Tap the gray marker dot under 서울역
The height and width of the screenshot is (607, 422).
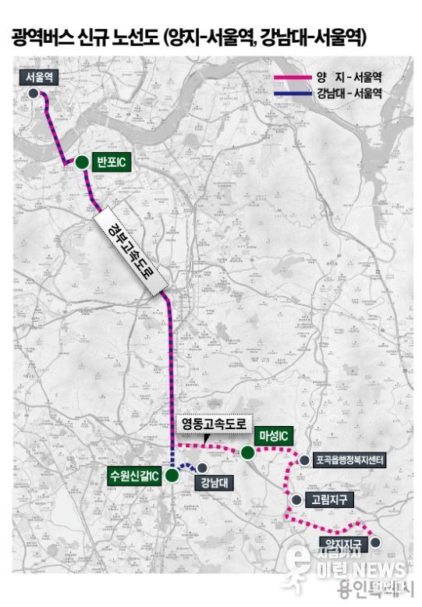click(34, 93)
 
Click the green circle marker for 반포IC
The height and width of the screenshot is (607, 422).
click(81, 162)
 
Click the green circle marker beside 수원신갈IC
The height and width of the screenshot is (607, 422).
click(172, 474)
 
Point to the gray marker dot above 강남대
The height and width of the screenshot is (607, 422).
click(202, 467)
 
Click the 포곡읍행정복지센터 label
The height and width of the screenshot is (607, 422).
click(347, 460)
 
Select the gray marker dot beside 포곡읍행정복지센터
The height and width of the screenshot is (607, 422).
click(304, 460)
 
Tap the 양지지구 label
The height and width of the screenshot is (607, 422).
click(342, 542)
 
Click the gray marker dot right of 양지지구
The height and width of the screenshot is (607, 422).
click(374, 541)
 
